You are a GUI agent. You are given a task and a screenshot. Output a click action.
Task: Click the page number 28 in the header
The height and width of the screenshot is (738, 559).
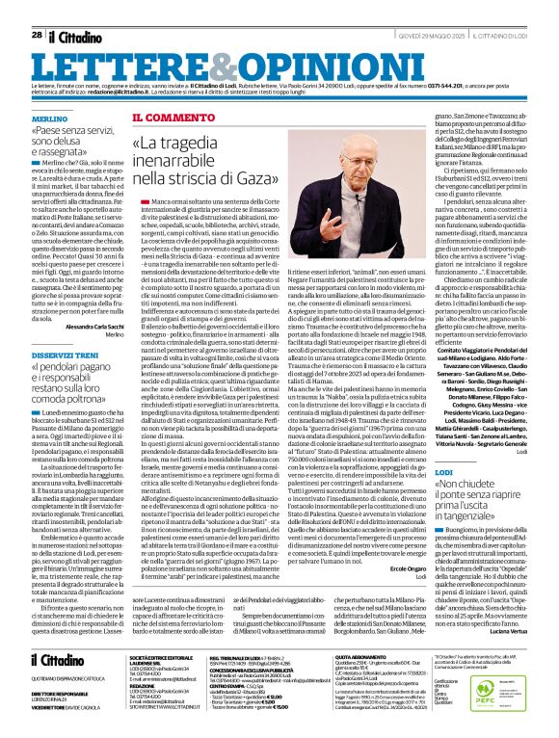[37, 10]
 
